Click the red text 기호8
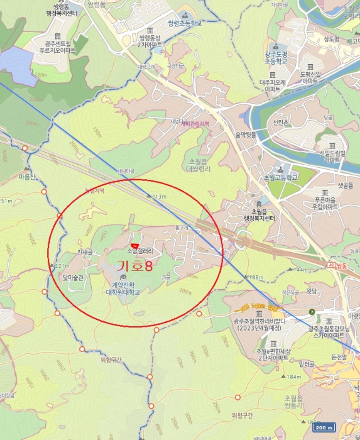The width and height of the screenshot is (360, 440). (x=130, y=267)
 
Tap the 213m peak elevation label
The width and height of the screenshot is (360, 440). (x=158, y=197)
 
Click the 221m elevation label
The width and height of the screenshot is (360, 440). (x=63, y=266)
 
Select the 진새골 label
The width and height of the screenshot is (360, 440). (x=85, y=252)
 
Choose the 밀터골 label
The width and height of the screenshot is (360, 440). (x=307, y=364)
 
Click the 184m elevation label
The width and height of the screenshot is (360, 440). (x=293, y=377)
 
